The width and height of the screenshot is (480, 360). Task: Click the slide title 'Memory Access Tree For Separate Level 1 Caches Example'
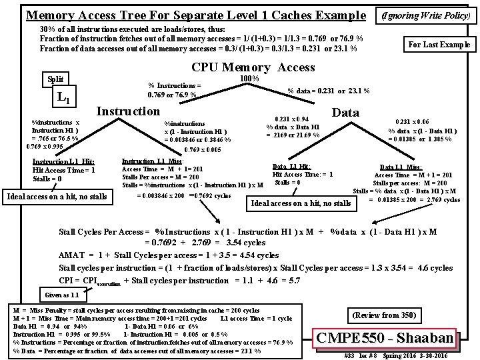[x=195, y=15]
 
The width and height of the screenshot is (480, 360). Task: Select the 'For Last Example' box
[x=439, y=45]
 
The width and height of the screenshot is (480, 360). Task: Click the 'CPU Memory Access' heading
[x=253, y=67]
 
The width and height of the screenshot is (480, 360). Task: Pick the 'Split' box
[x=55, y=79]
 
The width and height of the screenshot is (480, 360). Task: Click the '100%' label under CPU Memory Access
[x=249, y=78]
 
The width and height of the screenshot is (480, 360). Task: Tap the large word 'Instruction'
[x=129, y=111]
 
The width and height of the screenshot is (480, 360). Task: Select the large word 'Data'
[x=345, y=113]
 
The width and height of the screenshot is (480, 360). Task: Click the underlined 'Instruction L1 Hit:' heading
[x=63, y=161]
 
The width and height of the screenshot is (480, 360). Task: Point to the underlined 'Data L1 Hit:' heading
[x=291, y=166]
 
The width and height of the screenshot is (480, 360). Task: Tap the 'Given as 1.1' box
[x=61, y=294]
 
